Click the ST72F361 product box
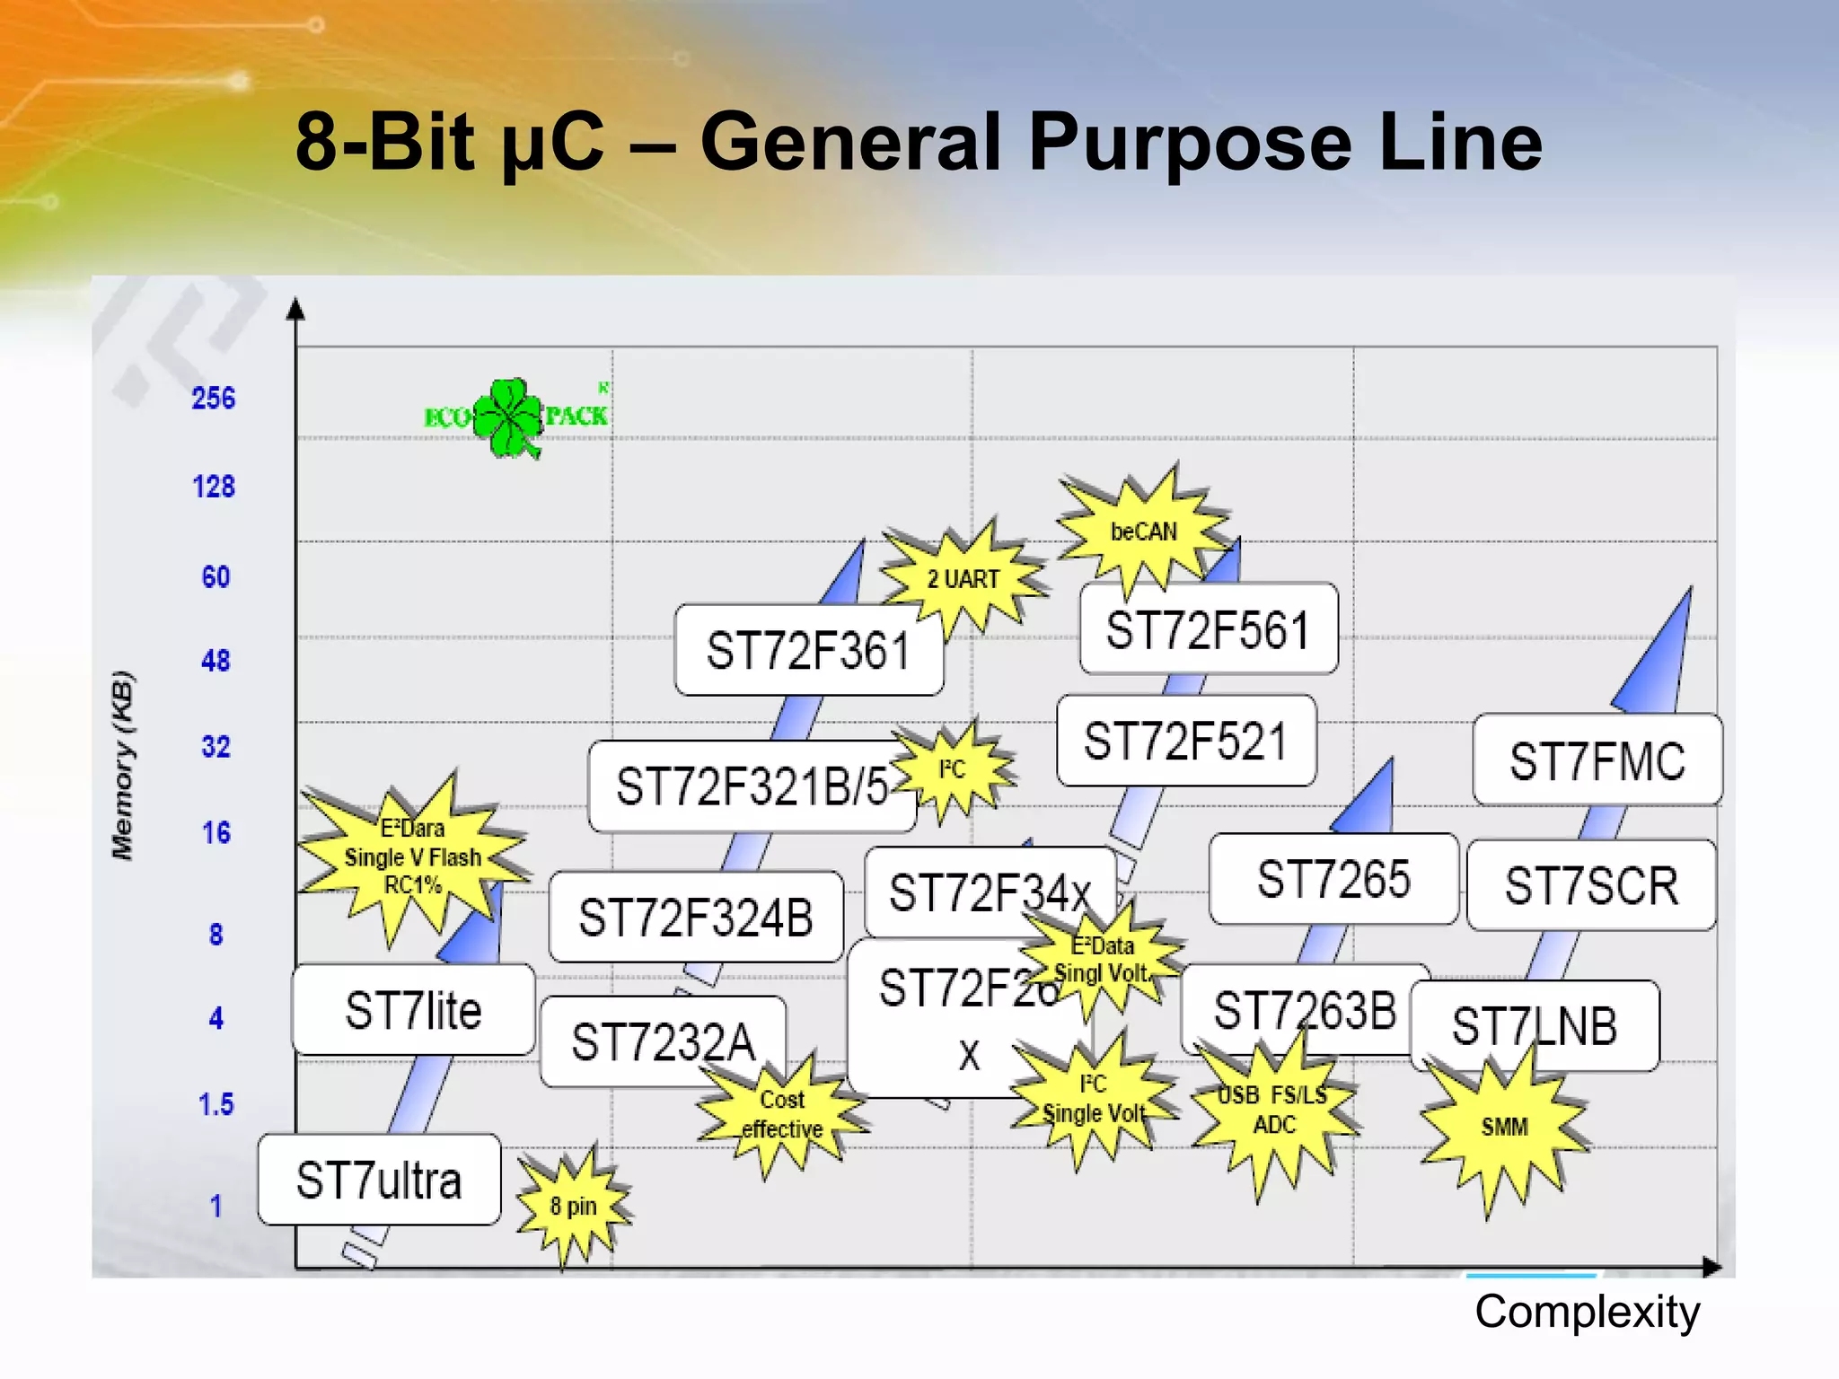(808, 650)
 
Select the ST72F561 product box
(1208, 629)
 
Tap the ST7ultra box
(379, 1180)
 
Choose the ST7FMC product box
(1597, 760)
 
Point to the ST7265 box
(1333, 879)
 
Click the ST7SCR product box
(1591, 885)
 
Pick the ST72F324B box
(696, 918)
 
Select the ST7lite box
(413, 1010)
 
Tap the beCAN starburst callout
(1143, 531)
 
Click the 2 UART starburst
(963, 579)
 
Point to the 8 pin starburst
(573, 1206)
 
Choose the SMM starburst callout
(1504, 1127)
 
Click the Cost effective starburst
(781, 1114)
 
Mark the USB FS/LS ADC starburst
(1273, 1111)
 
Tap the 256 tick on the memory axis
(213, 398)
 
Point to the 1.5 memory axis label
(216, 1104)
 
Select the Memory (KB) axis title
(123, 765)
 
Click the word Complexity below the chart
(1587, 1313)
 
